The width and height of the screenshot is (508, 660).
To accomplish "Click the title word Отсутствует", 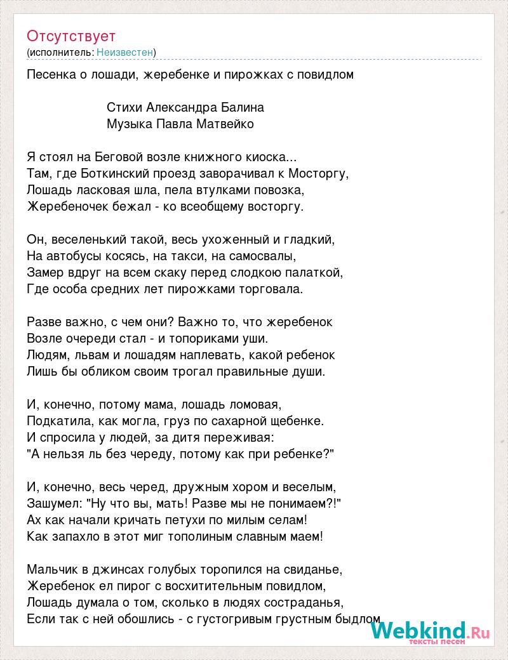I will [71, 36].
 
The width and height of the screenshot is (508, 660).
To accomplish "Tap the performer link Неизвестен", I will [125, 52].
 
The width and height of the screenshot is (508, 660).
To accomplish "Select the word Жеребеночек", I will [69, 206].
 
